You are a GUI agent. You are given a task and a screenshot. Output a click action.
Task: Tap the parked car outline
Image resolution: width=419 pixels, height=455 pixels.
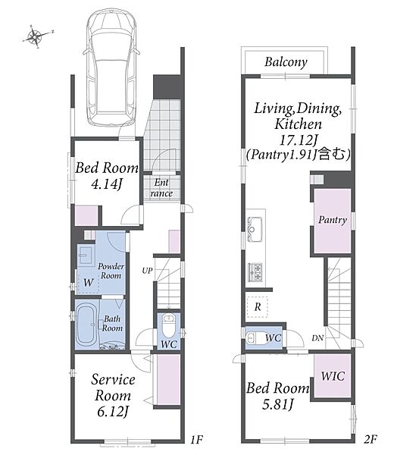tap(111, 69)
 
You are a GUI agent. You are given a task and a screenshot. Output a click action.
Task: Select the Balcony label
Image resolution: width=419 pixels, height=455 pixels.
tap(286, 62)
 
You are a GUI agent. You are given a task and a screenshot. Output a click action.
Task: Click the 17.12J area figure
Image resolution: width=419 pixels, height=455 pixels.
tap(298, 140)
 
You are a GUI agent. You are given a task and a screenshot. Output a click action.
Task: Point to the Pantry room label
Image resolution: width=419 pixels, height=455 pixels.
tap(333, 220)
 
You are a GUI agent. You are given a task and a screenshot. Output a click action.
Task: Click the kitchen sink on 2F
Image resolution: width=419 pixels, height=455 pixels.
tap(255, 230)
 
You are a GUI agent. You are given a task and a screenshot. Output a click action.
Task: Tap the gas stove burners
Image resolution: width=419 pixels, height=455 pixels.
tap(255, 272)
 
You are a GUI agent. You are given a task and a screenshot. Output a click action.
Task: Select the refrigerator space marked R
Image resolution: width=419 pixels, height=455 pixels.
tap(258, 307)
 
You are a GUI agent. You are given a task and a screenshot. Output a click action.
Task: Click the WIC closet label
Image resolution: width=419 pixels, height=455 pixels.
tap(333, 376)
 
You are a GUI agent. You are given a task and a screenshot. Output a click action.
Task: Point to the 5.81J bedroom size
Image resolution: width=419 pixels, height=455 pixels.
tap(278, 404)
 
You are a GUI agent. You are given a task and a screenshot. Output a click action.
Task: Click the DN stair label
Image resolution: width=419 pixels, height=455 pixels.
tap(317, 337)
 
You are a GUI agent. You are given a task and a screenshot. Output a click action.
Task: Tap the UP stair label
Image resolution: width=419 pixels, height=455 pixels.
tap(147, 271)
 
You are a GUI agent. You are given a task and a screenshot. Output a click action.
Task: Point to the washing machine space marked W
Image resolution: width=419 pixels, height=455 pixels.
tap(89, 282)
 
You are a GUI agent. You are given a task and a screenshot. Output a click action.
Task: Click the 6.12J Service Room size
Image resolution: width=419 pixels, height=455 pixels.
tap(113, 412)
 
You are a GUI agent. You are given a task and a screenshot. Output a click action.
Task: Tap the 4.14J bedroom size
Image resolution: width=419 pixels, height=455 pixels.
tap(107, 184)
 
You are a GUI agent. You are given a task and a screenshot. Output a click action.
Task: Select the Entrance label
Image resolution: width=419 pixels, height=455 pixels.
tap(161, 188)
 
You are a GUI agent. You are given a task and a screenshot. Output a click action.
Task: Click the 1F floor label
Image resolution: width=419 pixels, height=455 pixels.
tap(196, 440)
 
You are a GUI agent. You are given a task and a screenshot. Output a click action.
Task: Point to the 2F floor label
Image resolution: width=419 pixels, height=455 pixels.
tap(371, 439)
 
